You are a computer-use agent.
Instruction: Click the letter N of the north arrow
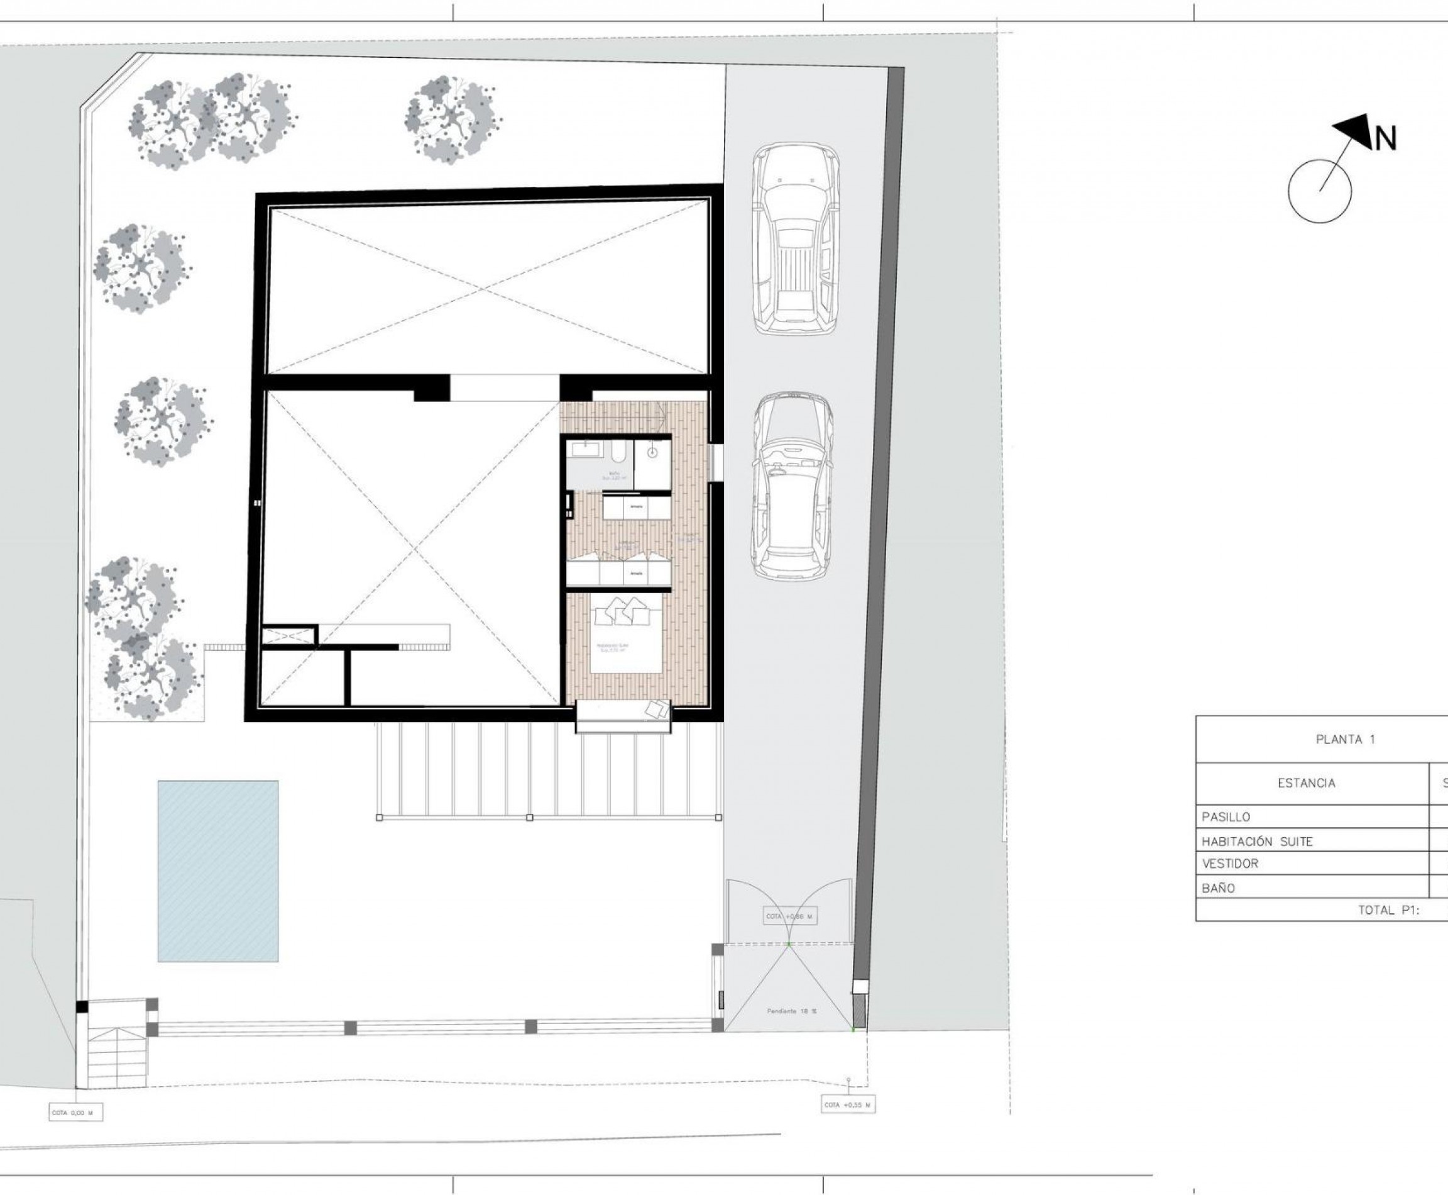(x=1385, y=158)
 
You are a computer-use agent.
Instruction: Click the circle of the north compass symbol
(x=1319, y=191)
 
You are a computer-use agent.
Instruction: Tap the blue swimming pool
(x=218, y=871)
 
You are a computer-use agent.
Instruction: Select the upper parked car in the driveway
(x=796, y=238)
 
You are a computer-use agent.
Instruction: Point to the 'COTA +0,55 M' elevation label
(x=849, y=1106)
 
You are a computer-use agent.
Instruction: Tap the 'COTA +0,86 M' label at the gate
(x=791, y=916)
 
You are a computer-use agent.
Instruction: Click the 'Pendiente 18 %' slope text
(x=792, y=1011)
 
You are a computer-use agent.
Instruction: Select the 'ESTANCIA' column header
(x=1307, y=782)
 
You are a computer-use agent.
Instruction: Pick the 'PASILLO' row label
(x=1226, y=817)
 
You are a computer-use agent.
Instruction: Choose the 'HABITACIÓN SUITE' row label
(x=1258, y=841)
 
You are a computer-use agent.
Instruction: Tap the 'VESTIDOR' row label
(x=1229, y=863)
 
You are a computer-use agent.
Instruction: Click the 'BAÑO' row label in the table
(x=1218, y=888)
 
